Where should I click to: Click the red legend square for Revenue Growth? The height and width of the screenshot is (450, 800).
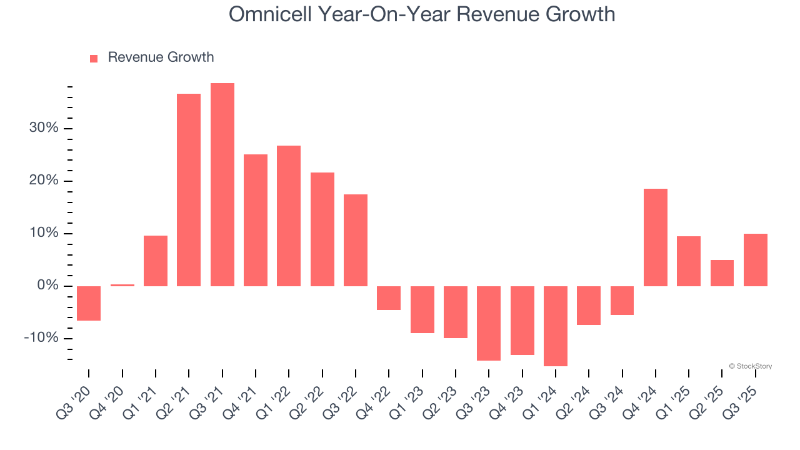coord(94,58)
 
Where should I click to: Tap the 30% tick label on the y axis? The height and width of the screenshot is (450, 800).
coord(43,128)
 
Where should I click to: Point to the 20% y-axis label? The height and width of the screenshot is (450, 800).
coord(43,181)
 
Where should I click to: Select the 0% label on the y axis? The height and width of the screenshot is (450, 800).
coord(47,286)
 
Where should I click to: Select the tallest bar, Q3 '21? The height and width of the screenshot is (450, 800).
coord(222,184)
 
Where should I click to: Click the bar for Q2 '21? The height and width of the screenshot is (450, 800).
coord(189,189)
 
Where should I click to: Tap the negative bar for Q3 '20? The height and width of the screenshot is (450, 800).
coord(89,303)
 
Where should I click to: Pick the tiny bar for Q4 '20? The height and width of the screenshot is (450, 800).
coord(122,285)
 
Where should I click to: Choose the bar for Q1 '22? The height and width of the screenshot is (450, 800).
coord(289,216)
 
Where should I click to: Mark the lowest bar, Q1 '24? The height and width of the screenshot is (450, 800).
coord(556,326)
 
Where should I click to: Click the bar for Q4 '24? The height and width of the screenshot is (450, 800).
coord(656,237)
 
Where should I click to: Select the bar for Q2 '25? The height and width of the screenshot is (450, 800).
coord(722,273)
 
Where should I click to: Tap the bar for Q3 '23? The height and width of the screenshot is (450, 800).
coord(489,323)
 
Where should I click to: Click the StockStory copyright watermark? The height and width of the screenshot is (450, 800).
coord(750,366)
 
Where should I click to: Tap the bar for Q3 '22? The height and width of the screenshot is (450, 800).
coord(356,240)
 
